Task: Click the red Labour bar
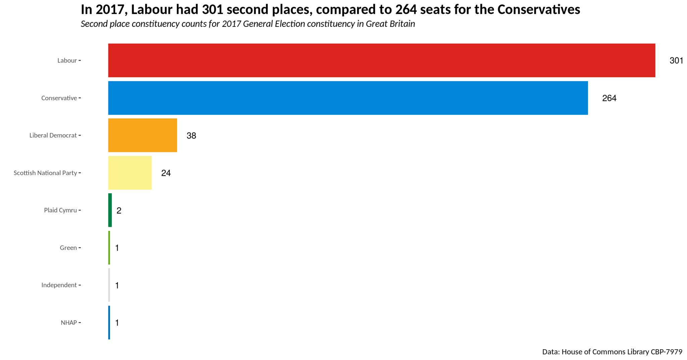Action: [x=381, y=60]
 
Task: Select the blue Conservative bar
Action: [x=348, y=98]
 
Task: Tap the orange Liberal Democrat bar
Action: [x=143, y=135]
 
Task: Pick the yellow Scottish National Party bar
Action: [x=130, y=173]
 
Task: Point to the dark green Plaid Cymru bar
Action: [x=110, y=210]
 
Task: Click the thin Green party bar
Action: [x=109, y=248]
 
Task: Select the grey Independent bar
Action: [x=109, y=285]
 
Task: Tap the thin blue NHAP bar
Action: [x=109, y=322]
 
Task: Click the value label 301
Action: [x=676, y=61]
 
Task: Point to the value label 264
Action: [x=609, y=98]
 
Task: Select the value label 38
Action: [x=191, y=136]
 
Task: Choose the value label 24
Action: [x=166, y=173]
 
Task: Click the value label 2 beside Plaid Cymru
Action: [x=119, y=211]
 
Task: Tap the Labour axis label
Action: [x=67, y=61]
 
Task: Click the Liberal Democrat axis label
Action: [x=53, y=136]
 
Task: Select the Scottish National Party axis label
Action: [x=45, y=173]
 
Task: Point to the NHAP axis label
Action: [x=69, y=323]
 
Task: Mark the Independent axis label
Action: [x=59, y=285]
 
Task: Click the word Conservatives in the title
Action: [x=539, y=10]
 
